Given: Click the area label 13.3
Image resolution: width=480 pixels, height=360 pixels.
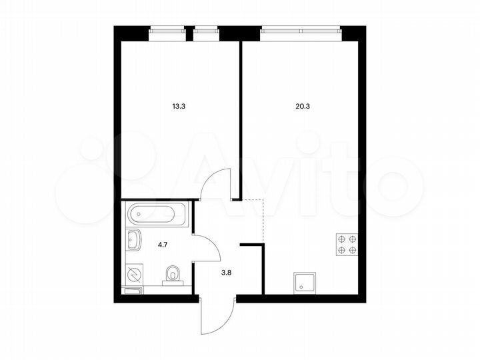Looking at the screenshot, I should (179, 105).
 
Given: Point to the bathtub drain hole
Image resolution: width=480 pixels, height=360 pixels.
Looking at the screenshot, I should (134, 215).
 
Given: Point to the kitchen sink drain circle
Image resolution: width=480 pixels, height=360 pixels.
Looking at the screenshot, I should (300, 286).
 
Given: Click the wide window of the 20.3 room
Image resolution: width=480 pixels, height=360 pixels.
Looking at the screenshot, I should (301, 29).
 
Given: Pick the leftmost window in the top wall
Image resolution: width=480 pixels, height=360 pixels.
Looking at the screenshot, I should (166, 29).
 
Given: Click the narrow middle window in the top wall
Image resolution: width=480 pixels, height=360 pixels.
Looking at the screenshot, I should (206, 29).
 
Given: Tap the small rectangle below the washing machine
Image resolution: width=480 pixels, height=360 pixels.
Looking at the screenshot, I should (133, 291).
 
